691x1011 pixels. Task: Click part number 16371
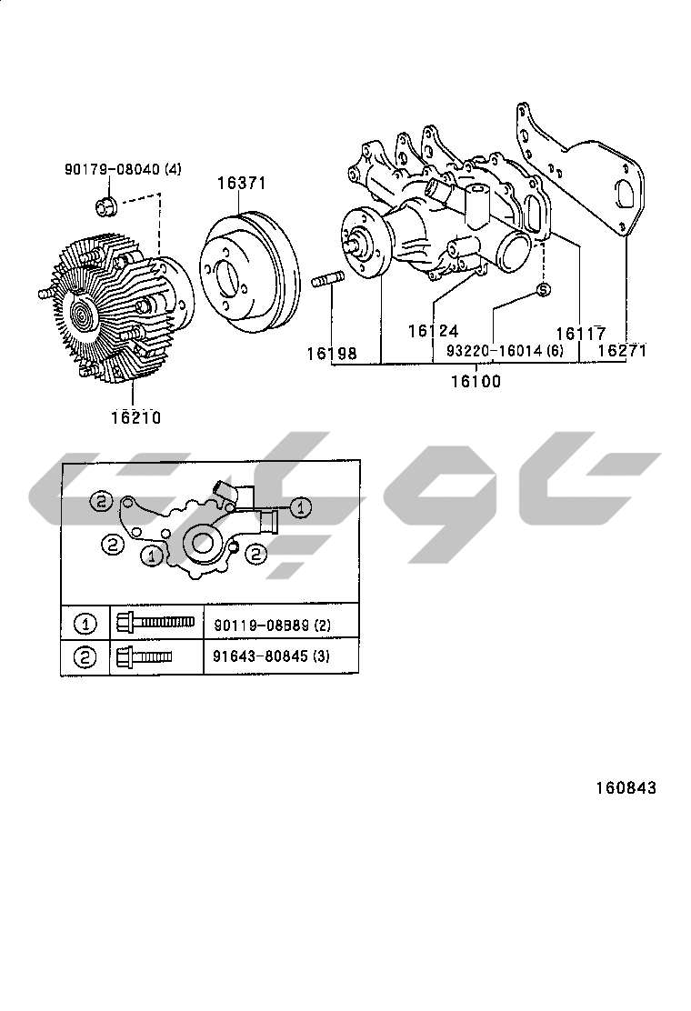tap(241, 183)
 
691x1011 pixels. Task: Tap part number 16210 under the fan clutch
tap(135, 417)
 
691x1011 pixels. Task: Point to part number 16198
tap(331, 352)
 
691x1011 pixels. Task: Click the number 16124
tap(433, 332)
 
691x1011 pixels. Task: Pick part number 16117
tap(580, 334)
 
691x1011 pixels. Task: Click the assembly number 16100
tap(476, 382)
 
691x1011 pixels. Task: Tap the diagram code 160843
tap(626, 787)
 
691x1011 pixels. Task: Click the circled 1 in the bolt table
tap(85, 624)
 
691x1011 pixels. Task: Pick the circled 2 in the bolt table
tap(85, 656)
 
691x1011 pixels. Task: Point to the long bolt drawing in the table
tap(155, 624)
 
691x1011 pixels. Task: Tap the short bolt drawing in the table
tap(144, 656)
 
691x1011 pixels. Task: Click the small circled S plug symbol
tap(543, 289)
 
